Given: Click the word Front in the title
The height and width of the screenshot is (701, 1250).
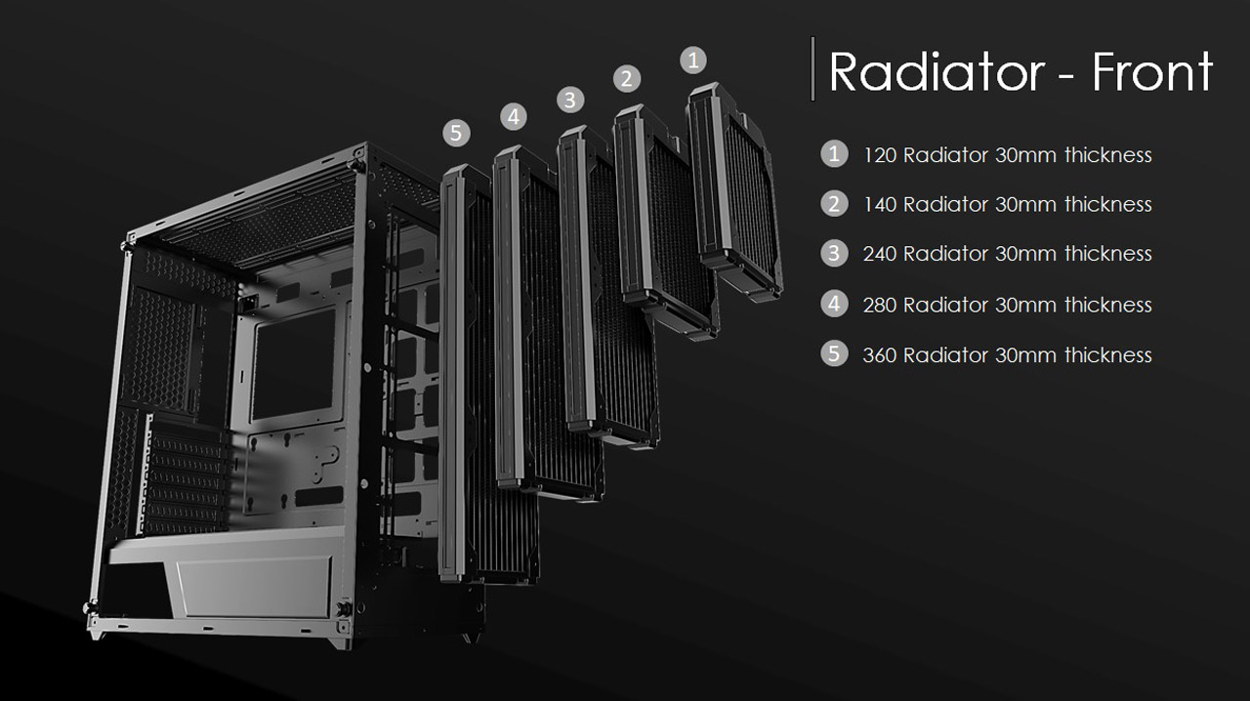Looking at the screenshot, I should coord(1151,71).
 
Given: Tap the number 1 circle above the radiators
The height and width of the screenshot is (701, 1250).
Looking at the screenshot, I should coord(692,61).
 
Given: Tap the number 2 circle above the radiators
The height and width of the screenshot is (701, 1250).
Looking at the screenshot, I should coord(626,79).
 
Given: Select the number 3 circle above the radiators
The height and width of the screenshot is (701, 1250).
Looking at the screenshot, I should coord(570,99).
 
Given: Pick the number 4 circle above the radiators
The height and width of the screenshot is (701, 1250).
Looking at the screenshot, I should coord(514,117).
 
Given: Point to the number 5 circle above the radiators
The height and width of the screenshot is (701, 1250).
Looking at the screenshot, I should coord(456,132).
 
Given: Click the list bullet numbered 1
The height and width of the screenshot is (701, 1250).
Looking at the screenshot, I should coord(833,153).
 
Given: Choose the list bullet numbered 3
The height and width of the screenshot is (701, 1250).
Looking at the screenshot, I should coord(833,253).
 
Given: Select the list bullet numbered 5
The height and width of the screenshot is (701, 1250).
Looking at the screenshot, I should coord(833,352).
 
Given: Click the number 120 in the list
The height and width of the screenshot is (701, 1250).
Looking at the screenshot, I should coord(880,155).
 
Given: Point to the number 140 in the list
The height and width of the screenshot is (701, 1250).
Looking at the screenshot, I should coord(880,205).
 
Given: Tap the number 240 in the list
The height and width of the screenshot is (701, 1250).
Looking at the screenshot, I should coord(880,254).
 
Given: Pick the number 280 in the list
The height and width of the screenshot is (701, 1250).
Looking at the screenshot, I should coord(880,305).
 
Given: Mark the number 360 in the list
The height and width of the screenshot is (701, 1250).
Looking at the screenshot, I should coord(880,354).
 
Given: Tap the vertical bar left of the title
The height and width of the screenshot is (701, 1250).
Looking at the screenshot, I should coord(812,68).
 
